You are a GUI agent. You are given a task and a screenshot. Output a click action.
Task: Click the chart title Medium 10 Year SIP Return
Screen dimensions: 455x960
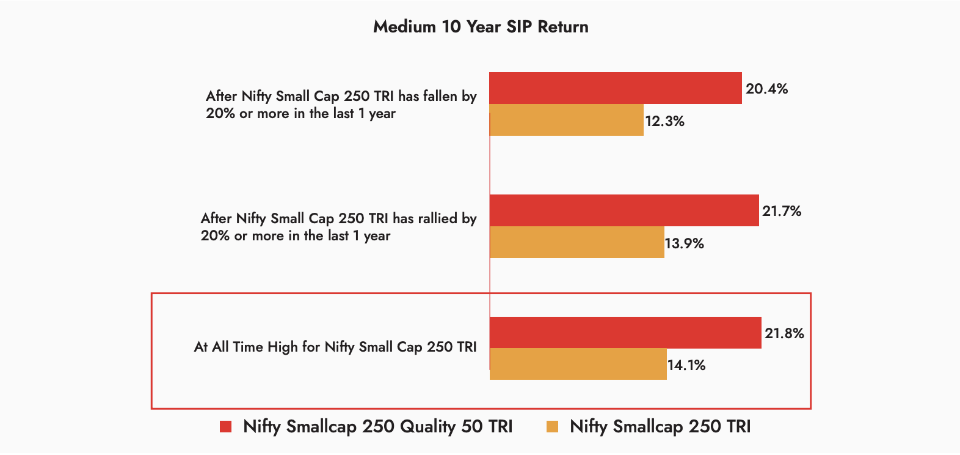pyautogui.click(x=481, y=27)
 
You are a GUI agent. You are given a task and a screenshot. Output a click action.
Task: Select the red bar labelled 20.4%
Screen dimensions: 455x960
pyautogui.click(x=616, y=88)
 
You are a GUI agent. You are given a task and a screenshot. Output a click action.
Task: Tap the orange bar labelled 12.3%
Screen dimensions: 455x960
pyautogui.click(x=567, y=120)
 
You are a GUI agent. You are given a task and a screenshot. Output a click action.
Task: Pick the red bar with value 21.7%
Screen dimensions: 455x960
pyautogui.click(x=624, y=210)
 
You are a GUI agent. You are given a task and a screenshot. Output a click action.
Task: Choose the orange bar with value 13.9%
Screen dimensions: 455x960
pyautogui.click(x=577, y=242)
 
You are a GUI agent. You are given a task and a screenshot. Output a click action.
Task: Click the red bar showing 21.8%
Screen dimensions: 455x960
pyautogui.click(x=625, y=333)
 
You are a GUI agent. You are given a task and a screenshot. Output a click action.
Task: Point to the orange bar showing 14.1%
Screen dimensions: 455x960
pyautogui.click(x=578, y=364)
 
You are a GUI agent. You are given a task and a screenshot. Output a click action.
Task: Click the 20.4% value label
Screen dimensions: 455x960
pyautogui.click(x=766, y=89)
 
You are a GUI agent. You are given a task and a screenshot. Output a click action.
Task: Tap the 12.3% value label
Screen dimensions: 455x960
pyautogui.click(x=664, y=121)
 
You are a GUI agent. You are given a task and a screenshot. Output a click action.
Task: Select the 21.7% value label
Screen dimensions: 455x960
pyautogui.click(x=782, y=211)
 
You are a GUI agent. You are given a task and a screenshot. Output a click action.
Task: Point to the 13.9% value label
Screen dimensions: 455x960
pyautogui.click(x=684, y=243)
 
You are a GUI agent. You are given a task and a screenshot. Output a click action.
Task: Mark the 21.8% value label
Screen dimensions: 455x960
pyautogui.click(x=784, y=333)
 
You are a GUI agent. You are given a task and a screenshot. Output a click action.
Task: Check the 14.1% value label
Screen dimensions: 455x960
pyautogui.click(x=686, y=365)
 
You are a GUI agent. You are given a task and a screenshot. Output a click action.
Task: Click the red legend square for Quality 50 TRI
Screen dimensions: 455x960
pyautogui.click(x=226, y=427)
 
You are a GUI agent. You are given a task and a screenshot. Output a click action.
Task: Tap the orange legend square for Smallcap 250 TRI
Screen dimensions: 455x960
pyautogui.click(x=553, y=427)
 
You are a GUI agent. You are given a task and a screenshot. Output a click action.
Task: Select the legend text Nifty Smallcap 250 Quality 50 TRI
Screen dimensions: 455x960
pyautogui.click(x=377, y=426)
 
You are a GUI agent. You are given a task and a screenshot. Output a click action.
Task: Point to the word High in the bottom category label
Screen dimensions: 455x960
pyautogui.click(x=282, y=347)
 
